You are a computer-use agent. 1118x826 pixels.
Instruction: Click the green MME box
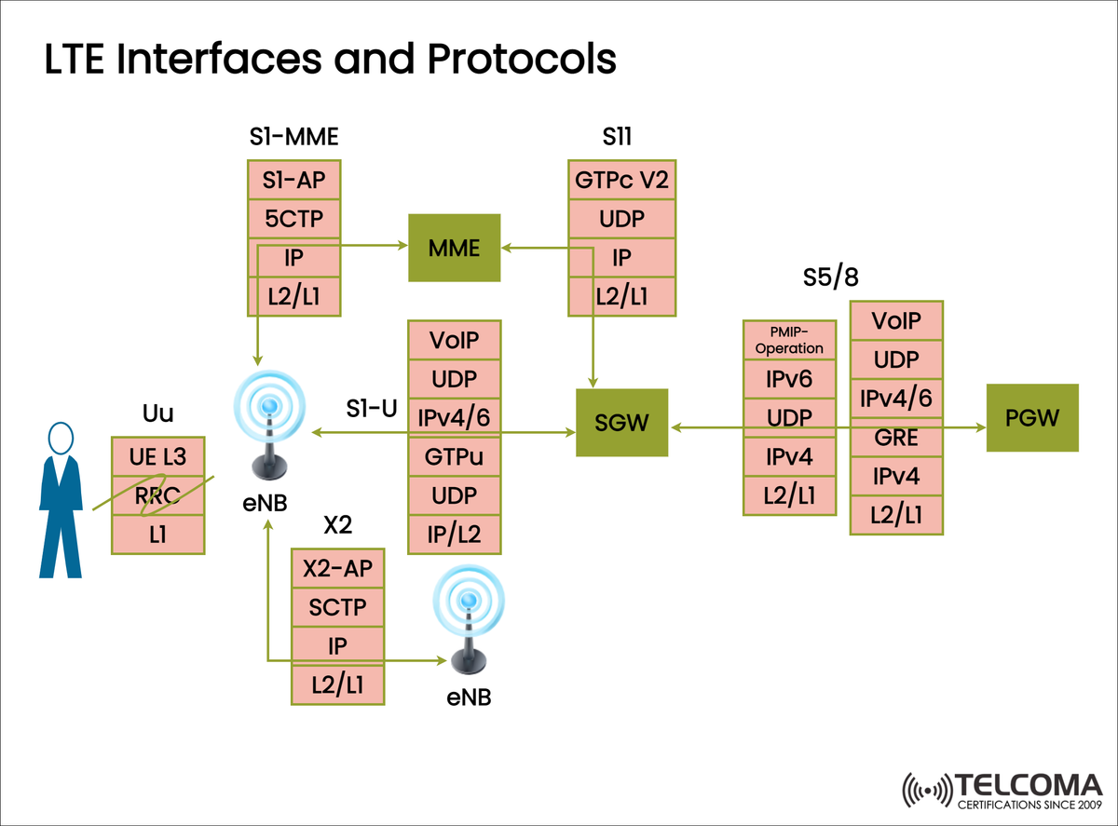click(455, 248)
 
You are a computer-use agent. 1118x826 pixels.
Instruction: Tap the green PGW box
click(1032, 417)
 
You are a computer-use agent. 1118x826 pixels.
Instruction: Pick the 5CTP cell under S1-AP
click(293, 219)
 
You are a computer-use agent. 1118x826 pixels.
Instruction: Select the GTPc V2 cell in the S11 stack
click(621, 179)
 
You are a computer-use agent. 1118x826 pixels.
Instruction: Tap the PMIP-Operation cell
click(789, 341)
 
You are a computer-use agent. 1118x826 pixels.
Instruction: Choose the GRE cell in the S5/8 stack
click(896, 438)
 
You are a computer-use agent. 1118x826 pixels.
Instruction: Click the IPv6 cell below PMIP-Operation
click(789, 379)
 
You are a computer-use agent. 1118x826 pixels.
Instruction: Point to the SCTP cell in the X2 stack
click(337, 608)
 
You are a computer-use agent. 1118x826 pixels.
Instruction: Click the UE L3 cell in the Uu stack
click(157, 456)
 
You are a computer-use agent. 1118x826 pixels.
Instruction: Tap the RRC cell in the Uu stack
click(157, 496)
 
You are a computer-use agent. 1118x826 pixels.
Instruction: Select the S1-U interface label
click(372, 407)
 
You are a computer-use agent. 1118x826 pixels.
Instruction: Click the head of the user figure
click(61, 438)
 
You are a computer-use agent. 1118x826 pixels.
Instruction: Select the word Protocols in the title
click(522, 60)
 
